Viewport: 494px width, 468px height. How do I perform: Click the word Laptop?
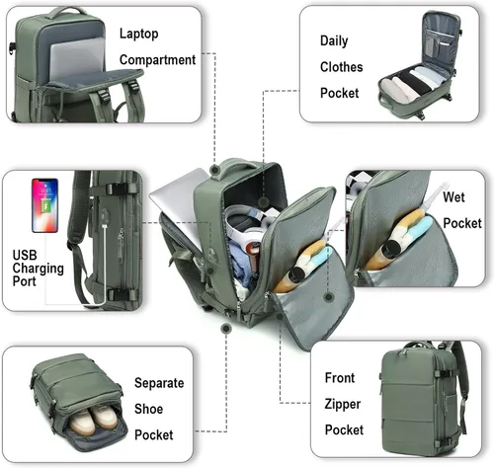[138, 35]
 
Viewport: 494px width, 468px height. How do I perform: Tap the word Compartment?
[157, 60]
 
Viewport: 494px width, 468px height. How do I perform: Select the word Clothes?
[341, 67]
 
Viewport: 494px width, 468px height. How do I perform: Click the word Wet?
[453, 197]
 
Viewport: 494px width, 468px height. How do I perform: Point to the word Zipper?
[343, 404]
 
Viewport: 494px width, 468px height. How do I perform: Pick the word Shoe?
[148, 409]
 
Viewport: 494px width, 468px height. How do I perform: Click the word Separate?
[159, 383]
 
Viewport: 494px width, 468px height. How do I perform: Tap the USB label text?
[25, 255]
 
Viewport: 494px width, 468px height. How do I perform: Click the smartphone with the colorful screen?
[45, 205]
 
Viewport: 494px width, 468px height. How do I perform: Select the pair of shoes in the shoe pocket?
[94, 418]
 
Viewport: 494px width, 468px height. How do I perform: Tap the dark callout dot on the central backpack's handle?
[215, 170]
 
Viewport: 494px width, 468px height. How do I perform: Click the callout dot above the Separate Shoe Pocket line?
[226, 328]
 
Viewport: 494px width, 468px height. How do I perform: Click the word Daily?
[334, 40]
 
